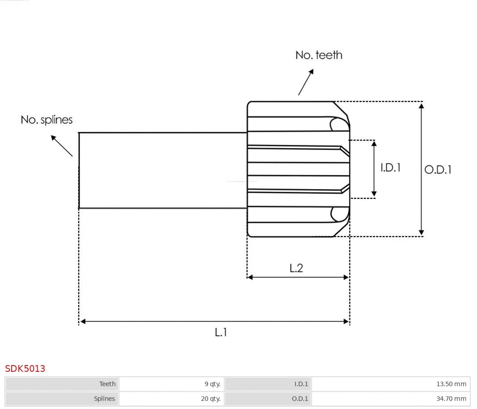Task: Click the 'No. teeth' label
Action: click(x=319, y=55)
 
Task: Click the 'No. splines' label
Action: click(x=47, y=120)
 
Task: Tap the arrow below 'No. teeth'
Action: click(x=306, y=82)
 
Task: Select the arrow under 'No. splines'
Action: click(x=61, y=146)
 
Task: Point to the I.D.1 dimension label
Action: click(x=390, y=168)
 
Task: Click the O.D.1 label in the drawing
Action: click(x=438, y=170)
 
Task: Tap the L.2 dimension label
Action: click(x=296, y=268)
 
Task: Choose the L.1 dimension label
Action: click(x=221, y=332)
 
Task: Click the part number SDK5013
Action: click(x=25, y=369)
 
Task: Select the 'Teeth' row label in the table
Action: click(x=107, y=384)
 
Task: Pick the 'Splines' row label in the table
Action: click(x=104, y=399)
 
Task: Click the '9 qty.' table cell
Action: click(x=212, y=384)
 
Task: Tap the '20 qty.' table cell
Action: click(x=210, y=399)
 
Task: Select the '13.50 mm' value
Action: click(x=451, y=384)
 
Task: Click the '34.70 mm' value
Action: click(x=451, y=399)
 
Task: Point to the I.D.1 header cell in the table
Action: click(x=301, y=384)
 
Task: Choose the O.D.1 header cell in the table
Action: click(x=300, y=399)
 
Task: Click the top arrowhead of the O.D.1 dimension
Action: click(x=421, y=105)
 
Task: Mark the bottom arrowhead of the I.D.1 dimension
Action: click(x=374, y=194)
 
